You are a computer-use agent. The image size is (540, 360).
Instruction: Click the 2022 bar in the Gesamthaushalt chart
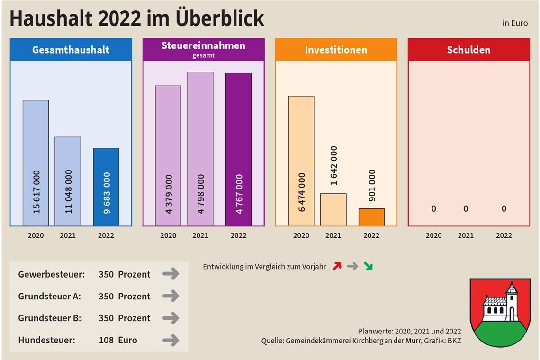click(106, 187)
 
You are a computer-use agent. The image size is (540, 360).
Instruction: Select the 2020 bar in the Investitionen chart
click(301, 161)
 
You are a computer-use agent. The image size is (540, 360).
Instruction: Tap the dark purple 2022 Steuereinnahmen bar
click(238, 149)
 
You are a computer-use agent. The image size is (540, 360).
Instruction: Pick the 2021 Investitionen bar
click(333, 209)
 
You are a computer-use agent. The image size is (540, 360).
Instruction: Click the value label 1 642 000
click(334, 165)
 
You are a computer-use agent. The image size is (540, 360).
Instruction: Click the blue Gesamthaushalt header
click(71, 50)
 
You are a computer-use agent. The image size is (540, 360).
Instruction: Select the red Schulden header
click(468, 50)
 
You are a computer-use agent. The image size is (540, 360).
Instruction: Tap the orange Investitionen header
click(336, 50)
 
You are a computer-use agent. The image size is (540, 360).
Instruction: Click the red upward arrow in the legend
click(337, 266)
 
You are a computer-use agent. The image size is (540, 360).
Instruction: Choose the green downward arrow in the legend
click(368, 266)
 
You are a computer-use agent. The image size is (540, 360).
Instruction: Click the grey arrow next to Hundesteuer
click(171, 340)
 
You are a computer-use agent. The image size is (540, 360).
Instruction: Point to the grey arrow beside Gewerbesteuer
click(171, 274)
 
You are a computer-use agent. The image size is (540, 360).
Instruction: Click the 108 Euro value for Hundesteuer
click(117, 340)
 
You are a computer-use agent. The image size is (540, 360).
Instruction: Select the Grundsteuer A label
click(49, 297)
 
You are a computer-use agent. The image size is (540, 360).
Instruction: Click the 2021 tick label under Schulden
click(466, 235)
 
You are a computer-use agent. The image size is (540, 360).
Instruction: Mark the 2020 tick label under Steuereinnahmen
click(168, 235)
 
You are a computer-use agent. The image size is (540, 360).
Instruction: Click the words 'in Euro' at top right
click(515, 23)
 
